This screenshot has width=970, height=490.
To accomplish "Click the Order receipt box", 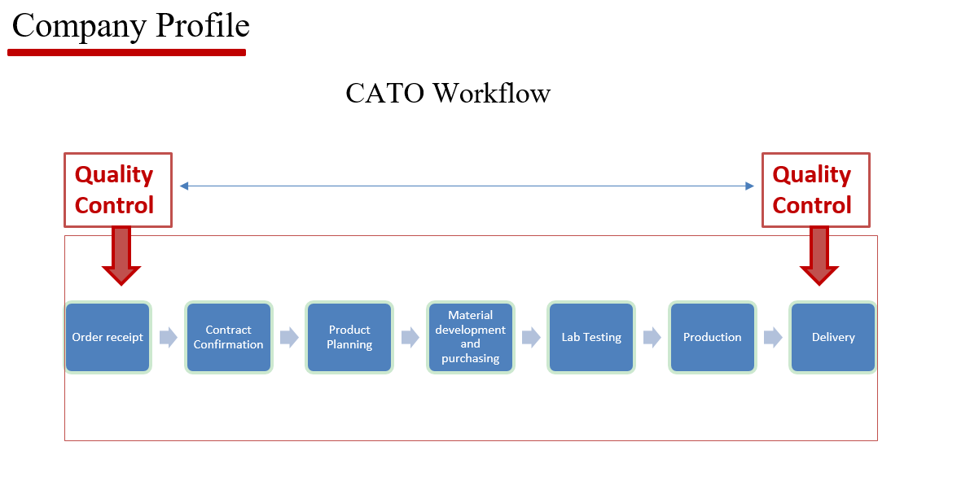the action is click(x=108, y=337).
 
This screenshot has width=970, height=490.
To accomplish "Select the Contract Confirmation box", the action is click(x=228, y=337).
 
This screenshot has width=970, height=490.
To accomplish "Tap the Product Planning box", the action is click(x=349, y=337).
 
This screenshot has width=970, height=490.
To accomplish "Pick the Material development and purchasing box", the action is click(x=470, y=337).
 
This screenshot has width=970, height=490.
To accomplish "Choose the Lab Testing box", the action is click(x=591, y=337).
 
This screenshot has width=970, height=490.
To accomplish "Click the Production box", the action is click(x=712, y=337).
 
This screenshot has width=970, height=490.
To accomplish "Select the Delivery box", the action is click(x=833, y=337).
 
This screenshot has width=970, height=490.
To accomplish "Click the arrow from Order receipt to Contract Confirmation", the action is click(x=169, y=337).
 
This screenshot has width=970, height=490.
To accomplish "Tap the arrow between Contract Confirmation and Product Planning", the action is click(x=289, y=337).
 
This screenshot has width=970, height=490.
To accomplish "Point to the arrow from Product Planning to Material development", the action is click(x=410, y=337).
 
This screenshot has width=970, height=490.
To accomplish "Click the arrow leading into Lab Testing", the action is click(x=531, y=337).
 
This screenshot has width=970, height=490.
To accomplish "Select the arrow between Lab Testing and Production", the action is click(x=652, y=337).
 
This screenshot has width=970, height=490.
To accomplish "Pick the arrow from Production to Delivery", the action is click(x=773, y=337).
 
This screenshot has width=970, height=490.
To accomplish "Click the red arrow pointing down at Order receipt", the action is click(x=121, y=256).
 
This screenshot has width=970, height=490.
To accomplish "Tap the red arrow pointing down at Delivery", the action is click(x=819, y=256).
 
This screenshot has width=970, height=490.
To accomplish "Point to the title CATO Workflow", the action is click(x=448, y=94).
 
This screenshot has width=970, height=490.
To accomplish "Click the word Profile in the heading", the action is click(x=202, y=27).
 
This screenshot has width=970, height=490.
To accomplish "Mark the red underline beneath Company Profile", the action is click(x=127, y=53).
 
